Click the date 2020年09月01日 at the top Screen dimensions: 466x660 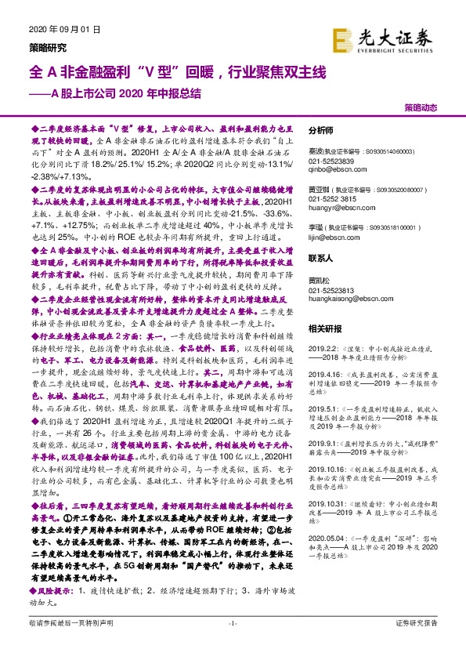click(x=65, y=30)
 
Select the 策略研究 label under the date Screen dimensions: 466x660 click(x=45, y=45)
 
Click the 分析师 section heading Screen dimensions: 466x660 click(x=321, y=131)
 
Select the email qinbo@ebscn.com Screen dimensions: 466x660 click(x=331, y=166)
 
